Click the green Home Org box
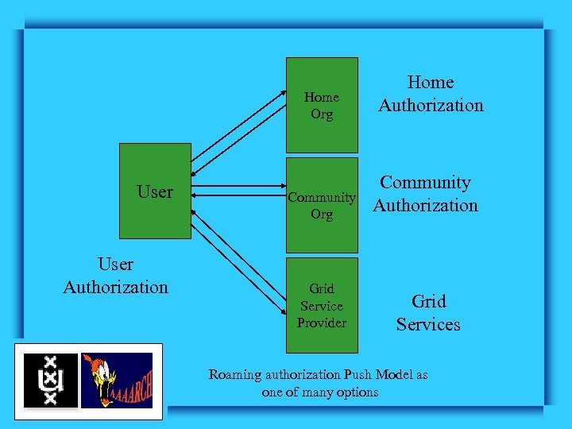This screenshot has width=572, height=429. click(x=321, y=105)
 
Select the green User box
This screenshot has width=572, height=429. click(x=155, y=191)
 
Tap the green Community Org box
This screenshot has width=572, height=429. click(x=321, y=205)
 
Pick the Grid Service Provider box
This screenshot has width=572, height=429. click(x=321, y=306)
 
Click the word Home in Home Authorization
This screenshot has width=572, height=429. click(x=431, y=82)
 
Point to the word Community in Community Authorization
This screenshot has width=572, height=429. click(x=425, y=182)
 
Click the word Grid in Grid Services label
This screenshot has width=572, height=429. click(x=428, y=301)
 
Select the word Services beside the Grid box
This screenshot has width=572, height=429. click(x=428, y=324)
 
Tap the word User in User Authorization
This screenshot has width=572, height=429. click(x=115, y=264)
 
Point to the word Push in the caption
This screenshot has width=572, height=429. click(x=360, y=374)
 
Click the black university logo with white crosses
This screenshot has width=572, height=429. click(x=51, y=381)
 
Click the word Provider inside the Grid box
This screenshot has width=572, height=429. click(x=322, y=323)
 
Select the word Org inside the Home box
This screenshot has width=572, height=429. click(x=322, y=114)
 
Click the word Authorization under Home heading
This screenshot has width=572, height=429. click(x=431, y=105)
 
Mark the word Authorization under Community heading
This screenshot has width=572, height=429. click(x=425, y=205)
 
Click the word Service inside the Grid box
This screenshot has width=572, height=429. click(x=322, y=306)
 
